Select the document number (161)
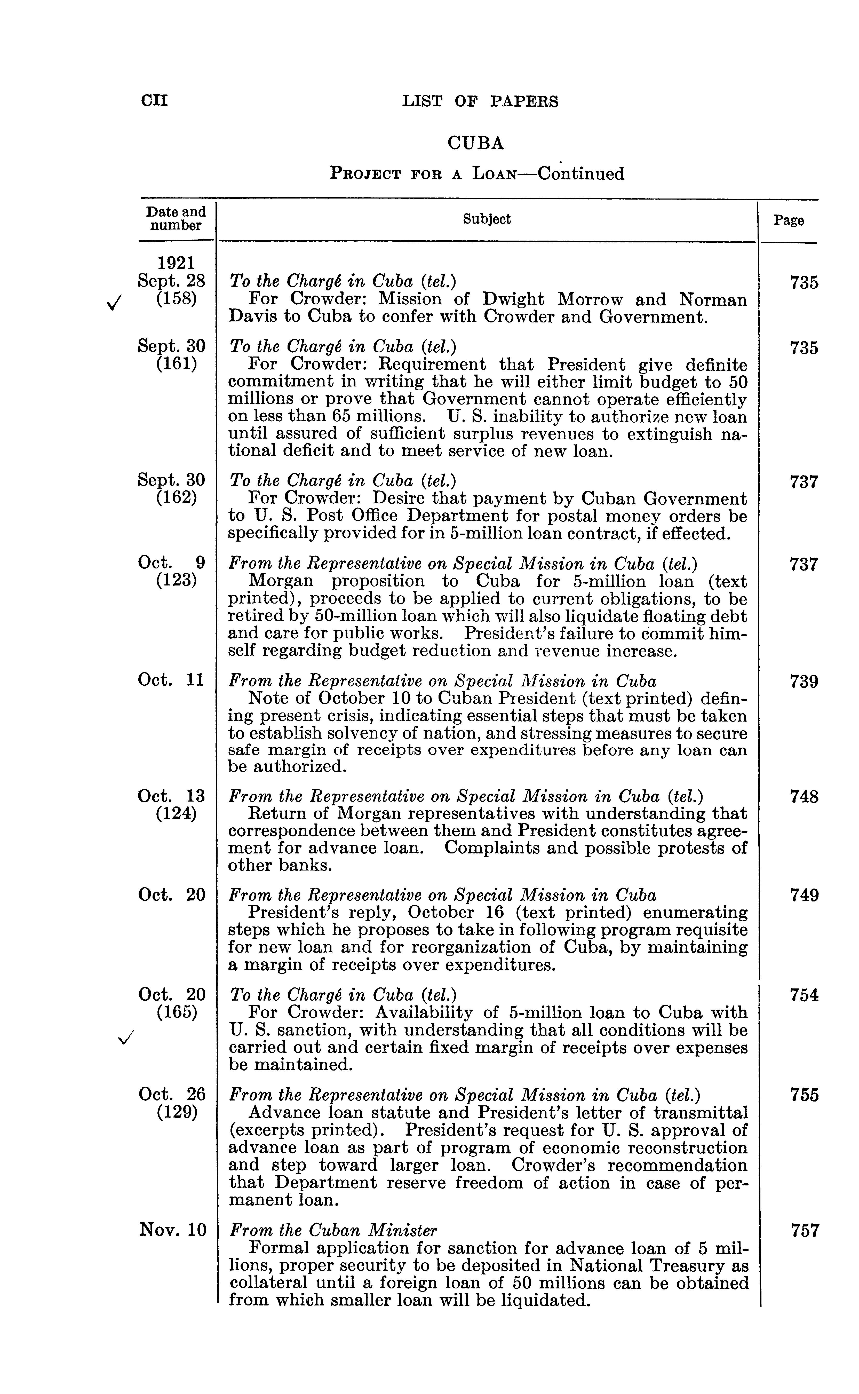pos(176,363)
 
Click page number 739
pos(804,682)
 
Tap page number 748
pos(804,797)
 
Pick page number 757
pos(804,1231)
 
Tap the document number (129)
pos(176,1112)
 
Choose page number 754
pos(804,995)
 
